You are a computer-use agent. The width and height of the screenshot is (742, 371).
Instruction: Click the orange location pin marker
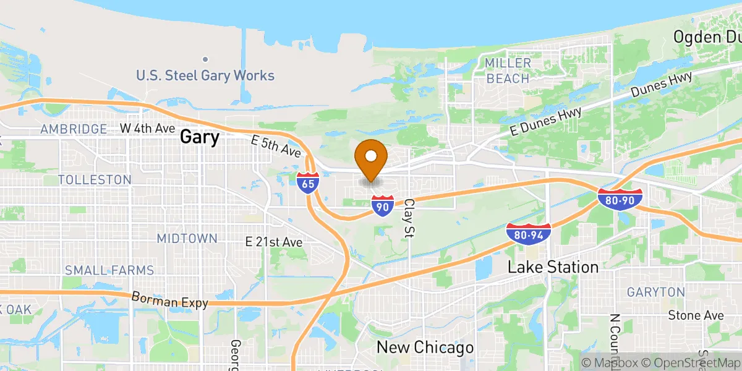coord(372,158)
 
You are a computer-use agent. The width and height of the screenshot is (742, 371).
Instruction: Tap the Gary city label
coord(200,137)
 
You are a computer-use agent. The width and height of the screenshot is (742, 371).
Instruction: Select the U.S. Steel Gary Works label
coord(205,76)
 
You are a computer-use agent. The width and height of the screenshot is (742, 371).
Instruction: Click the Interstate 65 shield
coord(308,183)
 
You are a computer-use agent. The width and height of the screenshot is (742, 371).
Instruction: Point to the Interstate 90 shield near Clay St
coord(383,206)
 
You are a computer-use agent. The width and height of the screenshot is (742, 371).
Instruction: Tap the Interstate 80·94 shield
coord(527,233)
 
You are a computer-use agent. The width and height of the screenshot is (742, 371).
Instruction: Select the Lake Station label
coord(553,267)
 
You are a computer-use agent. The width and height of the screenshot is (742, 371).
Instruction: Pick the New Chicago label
coord(425,348)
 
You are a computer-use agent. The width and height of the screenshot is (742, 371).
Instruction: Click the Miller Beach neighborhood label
coord(508,71)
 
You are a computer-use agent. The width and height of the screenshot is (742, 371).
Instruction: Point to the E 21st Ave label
coord(273,242)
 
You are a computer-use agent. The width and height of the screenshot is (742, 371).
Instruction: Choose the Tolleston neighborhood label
coord(95,179)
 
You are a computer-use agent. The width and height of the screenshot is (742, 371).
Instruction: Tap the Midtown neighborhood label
coord(187,239)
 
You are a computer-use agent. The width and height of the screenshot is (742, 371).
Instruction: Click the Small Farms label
coord(109,270)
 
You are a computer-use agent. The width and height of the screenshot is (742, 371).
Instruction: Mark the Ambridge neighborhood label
coord(74,129)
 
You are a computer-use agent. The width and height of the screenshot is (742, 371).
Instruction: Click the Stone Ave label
coord(696,315)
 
